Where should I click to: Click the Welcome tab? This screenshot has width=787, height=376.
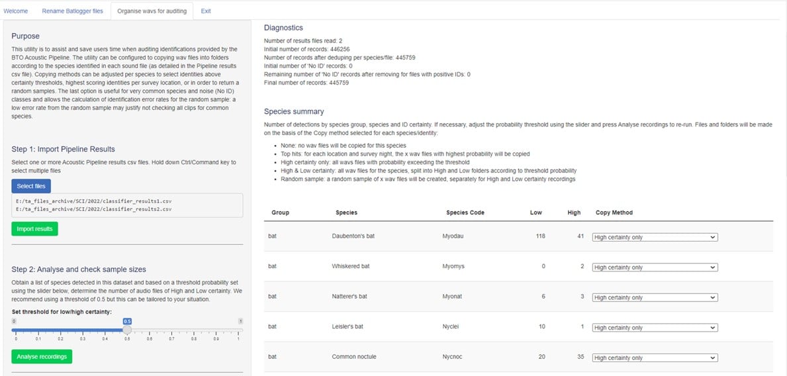click(x=16, y=11)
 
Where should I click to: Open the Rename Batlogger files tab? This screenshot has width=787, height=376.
click(x=73, y=11)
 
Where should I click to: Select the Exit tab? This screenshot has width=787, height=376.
click(x=206, y=11)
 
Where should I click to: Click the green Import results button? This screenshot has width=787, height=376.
click(x=34, y=229)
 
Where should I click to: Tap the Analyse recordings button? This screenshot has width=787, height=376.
click(x=42, y=356)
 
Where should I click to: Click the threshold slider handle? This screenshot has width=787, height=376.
click(x=127, y=329)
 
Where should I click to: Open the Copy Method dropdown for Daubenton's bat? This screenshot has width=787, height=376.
click(x=655, y=237)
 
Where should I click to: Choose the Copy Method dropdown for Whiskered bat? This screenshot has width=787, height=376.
click(x=655, y=267)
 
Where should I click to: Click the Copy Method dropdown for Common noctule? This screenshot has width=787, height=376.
click(x=655, y=357)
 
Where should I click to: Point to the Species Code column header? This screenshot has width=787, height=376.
click(x=465, y=212)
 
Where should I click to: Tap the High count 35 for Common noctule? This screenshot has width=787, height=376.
click(x=577, y=357)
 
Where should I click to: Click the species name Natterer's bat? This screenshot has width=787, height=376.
click(x=349, y=297)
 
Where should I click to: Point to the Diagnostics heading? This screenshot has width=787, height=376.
click(x=283, y=28)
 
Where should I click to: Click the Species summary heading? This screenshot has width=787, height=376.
click(x=294, y=111)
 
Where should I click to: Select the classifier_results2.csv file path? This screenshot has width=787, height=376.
click(x=93, y=209)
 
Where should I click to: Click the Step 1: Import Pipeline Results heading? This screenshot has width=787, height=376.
click(x=64, y=149)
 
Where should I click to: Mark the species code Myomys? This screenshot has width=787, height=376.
click(x=453, y=267)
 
